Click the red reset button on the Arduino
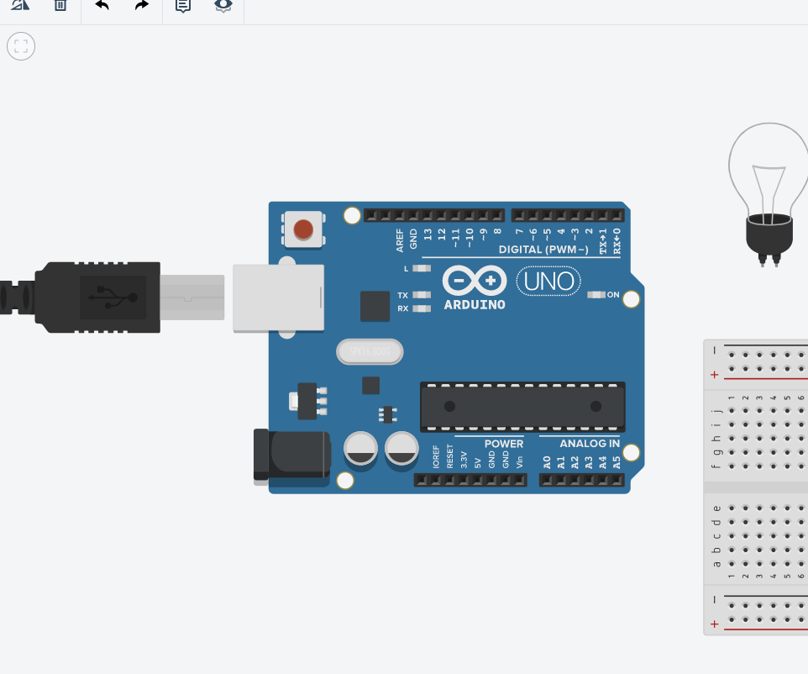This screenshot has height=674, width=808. click(x=303, y=229)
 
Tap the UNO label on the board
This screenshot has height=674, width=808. click(x=548, y=281)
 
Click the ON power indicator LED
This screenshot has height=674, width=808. click(x=596, y=295)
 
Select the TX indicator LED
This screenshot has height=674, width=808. click(x=422, y=295)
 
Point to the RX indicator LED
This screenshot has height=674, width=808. click(x=422, y=308)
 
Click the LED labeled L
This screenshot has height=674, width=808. click(x=422, y=269)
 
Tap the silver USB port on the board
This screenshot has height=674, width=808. click(x=279, y=297)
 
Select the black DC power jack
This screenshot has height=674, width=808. click(x=292, y=455)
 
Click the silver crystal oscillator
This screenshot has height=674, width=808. click(x=370, y=352)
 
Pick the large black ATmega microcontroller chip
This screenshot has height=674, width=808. click(x=522, y=406)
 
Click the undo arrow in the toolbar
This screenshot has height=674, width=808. click(x=102, y=5)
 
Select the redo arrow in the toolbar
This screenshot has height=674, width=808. click(x=142, y=5)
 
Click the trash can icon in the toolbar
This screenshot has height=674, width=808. click(x=60, y=5)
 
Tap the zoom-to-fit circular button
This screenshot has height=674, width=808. click(x=21, y=46)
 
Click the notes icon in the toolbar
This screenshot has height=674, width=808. click(x=182, y=5)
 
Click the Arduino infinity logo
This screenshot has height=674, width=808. click(x=475, y=280)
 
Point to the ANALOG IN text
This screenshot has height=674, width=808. click(x=590, y=444)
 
